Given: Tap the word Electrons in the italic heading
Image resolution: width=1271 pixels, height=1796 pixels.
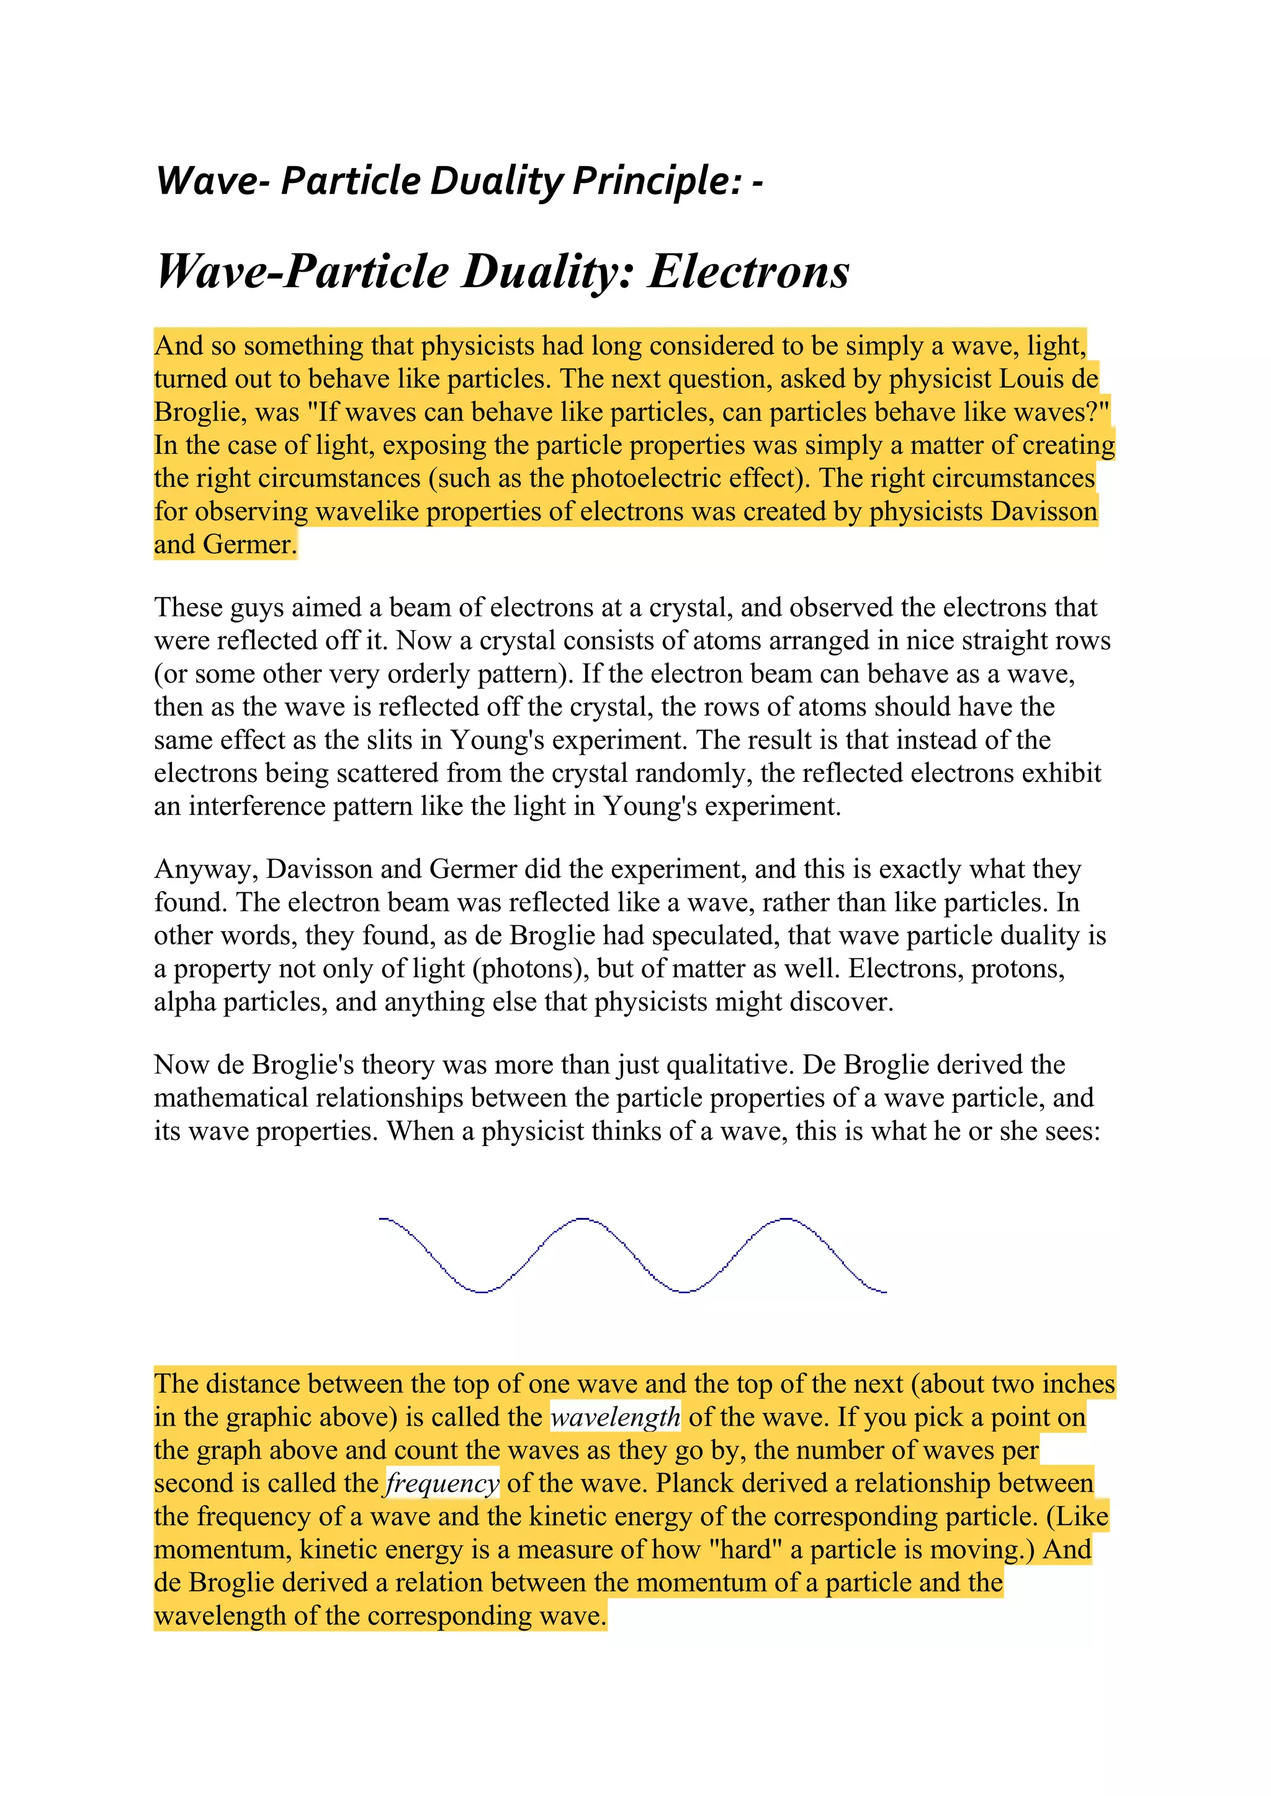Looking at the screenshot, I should (748, 272).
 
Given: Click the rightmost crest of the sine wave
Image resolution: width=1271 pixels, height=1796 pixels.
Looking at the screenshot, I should (785, 1219).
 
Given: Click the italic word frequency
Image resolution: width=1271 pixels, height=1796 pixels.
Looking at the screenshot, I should (442, 1483).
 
